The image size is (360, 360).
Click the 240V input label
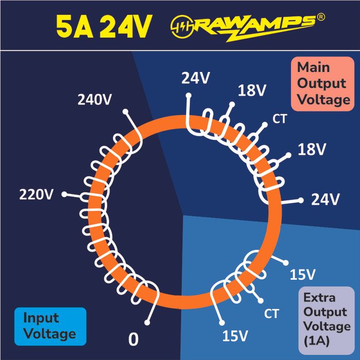[95, 100]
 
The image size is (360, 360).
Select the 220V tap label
[36, 194]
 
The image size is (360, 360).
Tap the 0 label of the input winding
[133, 339]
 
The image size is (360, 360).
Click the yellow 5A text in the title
[75, 26]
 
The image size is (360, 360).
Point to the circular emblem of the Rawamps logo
[182, 26]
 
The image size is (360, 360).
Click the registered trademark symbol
[321, 17]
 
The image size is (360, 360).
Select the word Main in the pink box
[313, 67]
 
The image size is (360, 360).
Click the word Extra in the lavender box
[319, 298]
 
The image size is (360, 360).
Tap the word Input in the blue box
[41, 319]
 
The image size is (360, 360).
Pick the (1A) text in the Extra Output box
[317, 340]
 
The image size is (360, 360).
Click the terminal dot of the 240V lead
[125, 112]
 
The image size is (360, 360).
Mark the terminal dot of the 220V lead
[64, 194]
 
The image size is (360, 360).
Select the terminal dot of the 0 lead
[147, 322]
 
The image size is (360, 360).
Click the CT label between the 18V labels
[280, 119]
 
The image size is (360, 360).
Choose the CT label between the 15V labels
[272, 313]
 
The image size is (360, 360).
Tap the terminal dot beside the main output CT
[265, 125]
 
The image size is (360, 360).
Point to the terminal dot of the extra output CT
[260, 300]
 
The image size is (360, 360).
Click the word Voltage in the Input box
[49, 334]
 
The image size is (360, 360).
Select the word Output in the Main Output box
[321, 83]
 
